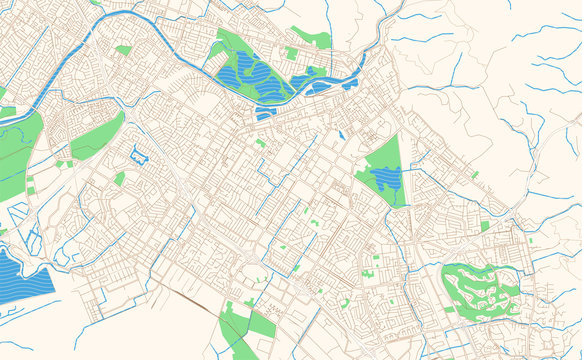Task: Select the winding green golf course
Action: [x=480, y=289]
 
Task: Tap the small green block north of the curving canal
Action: [x=123, y=49]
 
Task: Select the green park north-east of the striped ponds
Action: [x=310, y=40]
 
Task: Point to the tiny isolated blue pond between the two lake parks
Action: [x=341, y=134]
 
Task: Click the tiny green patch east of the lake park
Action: [x=475, y=175]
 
